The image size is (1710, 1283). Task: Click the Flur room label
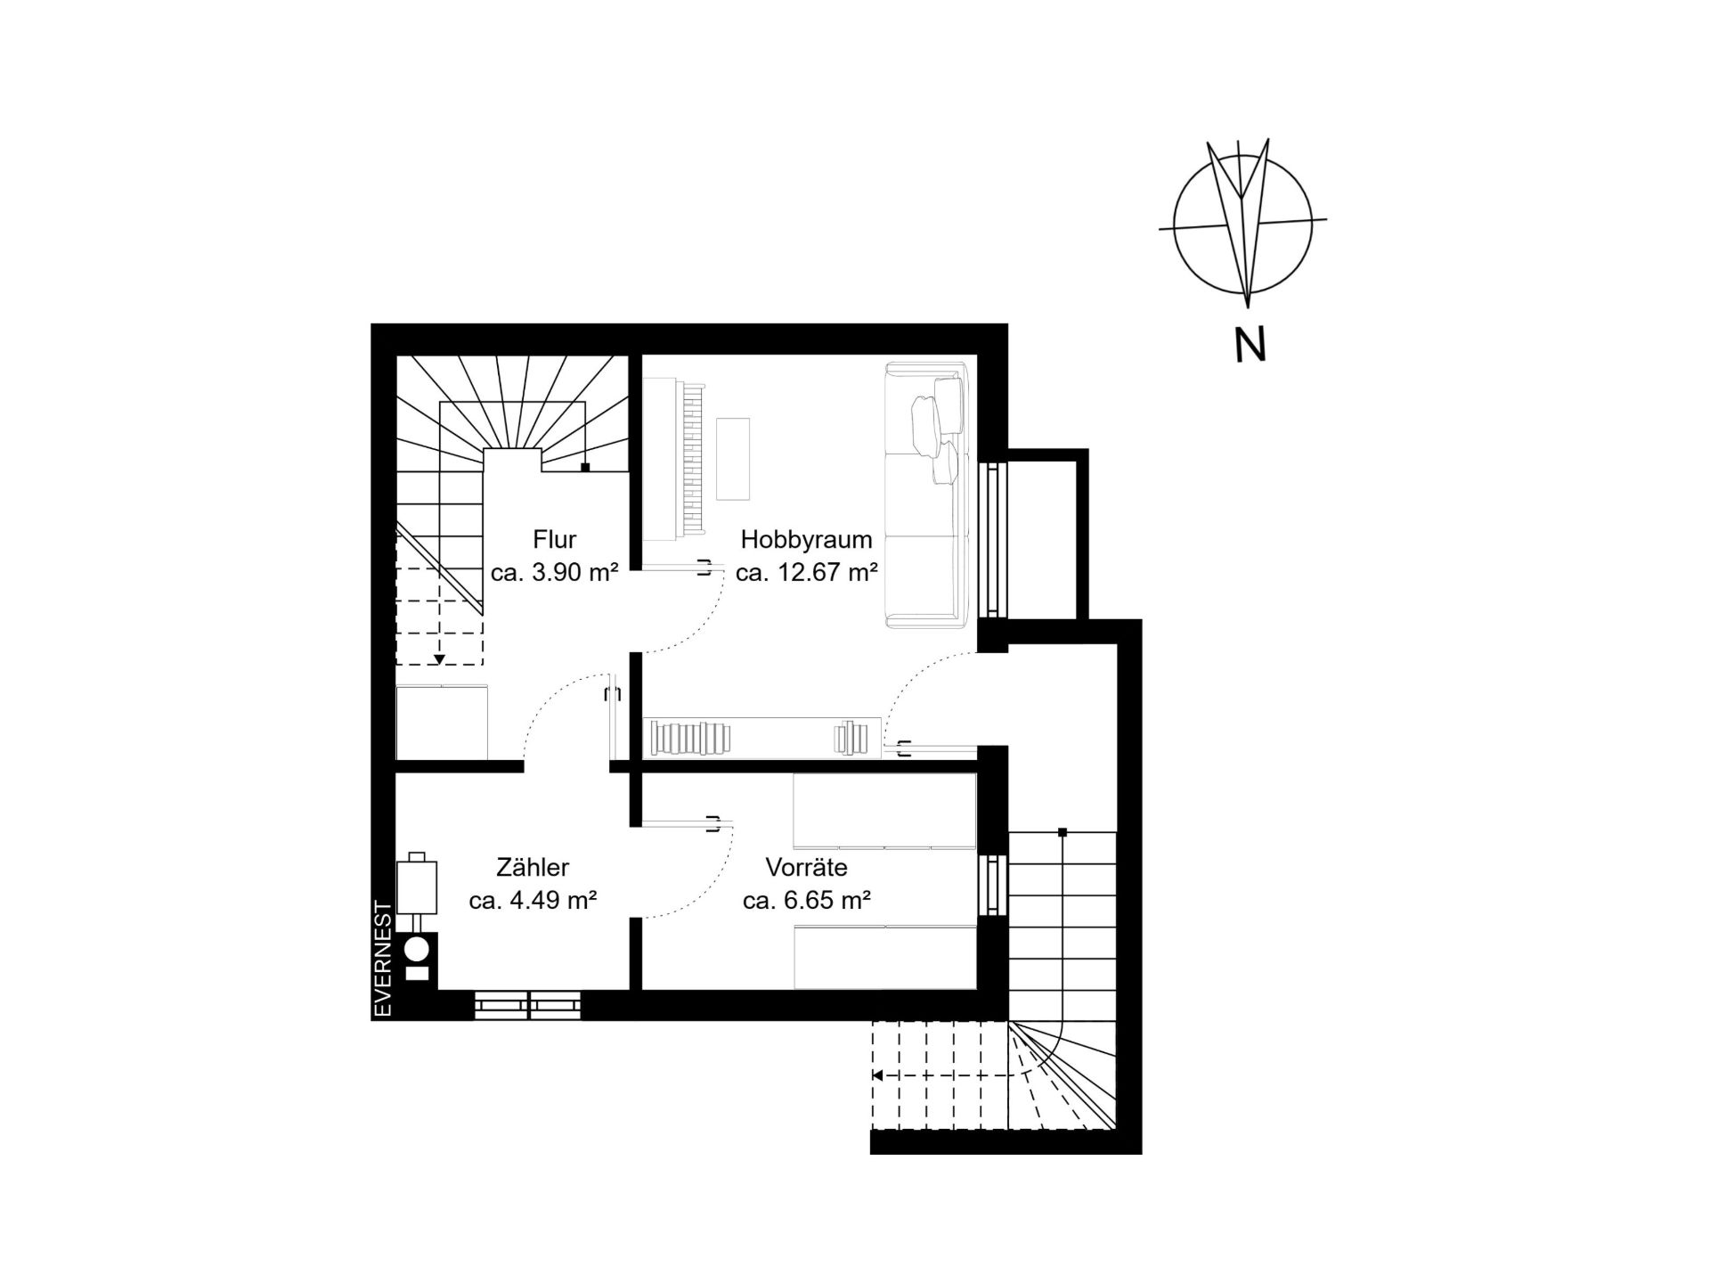(555, 539)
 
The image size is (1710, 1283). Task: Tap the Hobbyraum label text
(806, 539)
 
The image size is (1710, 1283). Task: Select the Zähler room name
(533, 867)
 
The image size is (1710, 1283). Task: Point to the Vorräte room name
(806, 867)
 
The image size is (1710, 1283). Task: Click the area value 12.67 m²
(827, 572)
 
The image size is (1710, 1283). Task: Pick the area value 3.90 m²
(574, 572)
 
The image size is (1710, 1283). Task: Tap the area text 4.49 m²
(553, 900)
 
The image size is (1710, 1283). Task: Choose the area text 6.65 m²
(826, 900)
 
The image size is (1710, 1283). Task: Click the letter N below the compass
(1250, 344)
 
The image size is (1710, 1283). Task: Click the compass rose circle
(1174, 223)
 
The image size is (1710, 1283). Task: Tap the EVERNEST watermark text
(383, 959)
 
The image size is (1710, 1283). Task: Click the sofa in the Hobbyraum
(926, 494)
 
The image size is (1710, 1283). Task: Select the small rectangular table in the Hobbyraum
(733, 459)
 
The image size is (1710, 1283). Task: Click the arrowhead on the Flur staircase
(439, 660)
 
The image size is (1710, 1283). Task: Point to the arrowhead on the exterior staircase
(877, 1075)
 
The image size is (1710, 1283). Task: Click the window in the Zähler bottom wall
(528, 1005)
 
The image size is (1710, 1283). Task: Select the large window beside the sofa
(993, 539)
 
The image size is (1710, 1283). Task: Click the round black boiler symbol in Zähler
(417, 948)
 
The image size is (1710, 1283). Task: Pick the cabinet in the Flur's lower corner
(442, 722)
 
